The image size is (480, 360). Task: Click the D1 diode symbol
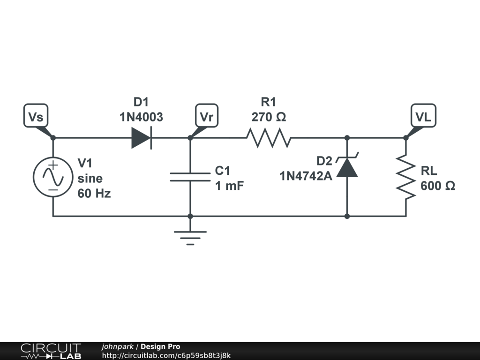(x=142, y=138)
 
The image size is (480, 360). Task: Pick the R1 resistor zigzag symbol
(x=269, y=138)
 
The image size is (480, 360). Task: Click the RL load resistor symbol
(x=406, y=177)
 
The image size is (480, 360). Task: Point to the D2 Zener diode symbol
(x=347, y=167)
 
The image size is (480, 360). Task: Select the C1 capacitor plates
(x=190, y=177)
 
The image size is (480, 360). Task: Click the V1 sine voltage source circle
(x=53, y=177)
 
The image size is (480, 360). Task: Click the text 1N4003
(x=141, y=117)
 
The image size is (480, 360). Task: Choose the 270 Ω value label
(x=269, y=117)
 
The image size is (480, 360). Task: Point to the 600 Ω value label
(x=438, y=186)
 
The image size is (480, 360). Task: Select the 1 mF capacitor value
(x=229, y=186)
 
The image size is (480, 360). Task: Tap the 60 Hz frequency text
(x=94, y=193)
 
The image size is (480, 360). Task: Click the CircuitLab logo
(x=51, y=351)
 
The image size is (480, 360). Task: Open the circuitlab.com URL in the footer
(x=166, y=356)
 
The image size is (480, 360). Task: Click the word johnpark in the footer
(x=117, y=347)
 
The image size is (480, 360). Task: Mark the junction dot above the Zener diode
(x=347, y=138)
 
